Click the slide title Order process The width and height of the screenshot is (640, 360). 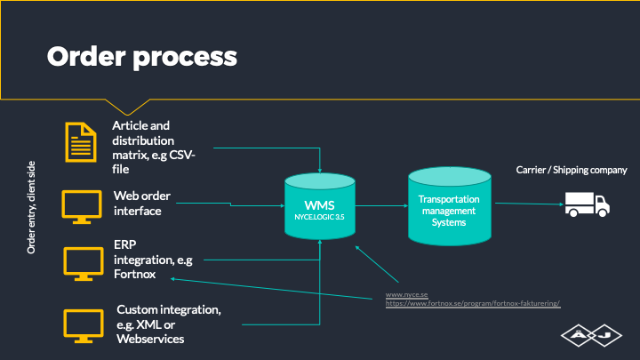pos(141,57)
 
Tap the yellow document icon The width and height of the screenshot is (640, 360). pos(81,142)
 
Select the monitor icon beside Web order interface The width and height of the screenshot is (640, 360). pos(82,207)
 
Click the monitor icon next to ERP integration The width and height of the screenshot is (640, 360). pos(84,264)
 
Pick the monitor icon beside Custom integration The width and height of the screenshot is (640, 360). pos(84,326)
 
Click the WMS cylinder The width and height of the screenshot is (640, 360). pos(320,206)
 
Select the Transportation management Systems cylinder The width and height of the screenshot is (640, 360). pos(450,206)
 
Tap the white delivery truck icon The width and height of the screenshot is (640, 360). pos(588,204)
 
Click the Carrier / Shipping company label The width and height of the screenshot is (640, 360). pos(572,170)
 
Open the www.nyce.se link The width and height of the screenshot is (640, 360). pos(406,294)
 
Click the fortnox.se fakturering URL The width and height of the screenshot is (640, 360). pos(473,303)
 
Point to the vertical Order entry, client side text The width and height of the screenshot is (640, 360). pos(31,207)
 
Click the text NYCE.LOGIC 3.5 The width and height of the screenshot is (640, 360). pos(319,217)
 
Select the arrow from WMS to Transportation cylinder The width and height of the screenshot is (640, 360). pos(381,205)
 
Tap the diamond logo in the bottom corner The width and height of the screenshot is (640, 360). pos(591,335)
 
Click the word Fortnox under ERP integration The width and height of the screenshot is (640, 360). pos(135,274)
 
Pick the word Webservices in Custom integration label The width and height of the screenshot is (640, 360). pos(150,339)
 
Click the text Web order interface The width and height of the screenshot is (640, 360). pos(142,204)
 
